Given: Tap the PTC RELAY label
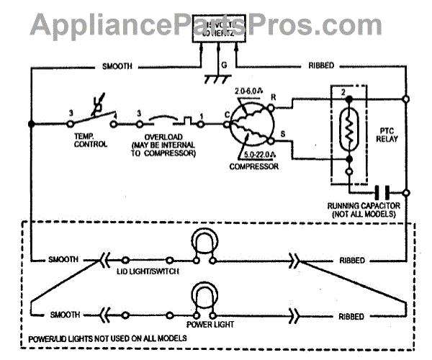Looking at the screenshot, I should coord(387,135).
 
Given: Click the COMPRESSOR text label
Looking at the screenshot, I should coord(251,166).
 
